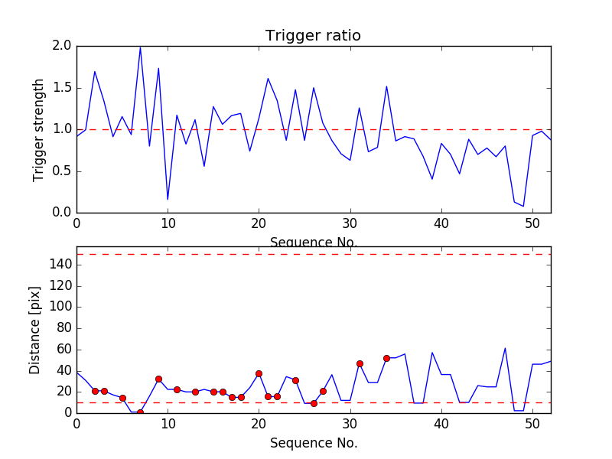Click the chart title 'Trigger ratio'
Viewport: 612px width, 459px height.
(x=313, y=36)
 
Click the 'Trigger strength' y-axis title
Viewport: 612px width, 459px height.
(x=39, y=129)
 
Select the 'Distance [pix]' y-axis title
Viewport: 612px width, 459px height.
(x=35, y=330)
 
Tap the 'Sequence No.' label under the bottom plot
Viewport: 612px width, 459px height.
(x=313, y=443)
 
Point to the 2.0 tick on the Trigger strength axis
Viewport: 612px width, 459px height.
(x=62, y=46)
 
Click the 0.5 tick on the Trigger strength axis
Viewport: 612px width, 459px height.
(x=62, y=171)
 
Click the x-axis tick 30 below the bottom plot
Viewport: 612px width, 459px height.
(x=350, y=425)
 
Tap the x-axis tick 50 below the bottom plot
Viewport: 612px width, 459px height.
(x=532, y=425)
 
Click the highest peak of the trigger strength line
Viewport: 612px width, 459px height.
(x=140, y=47)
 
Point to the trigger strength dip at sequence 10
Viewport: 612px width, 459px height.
(x=168, y=200)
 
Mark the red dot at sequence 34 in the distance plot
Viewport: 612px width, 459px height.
(x=386, y=358)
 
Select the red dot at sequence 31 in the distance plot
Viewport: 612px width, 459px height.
(x=360, y=363)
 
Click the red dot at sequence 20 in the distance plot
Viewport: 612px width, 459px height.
(x=259, y=373)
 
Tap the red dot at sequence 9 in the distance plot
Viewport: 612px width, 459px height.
(x=158, y=379)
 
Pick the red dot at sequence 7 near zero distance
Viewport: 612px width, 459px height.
(x=140, y=412)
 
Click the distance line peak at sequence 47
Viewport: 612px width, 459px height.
(x=505, y=348)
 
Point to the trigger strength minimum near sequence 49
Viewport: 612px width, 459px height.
(x=523, y=207)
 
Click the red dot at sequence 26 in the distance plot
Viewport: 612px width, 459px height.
(x=314, y=403)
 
